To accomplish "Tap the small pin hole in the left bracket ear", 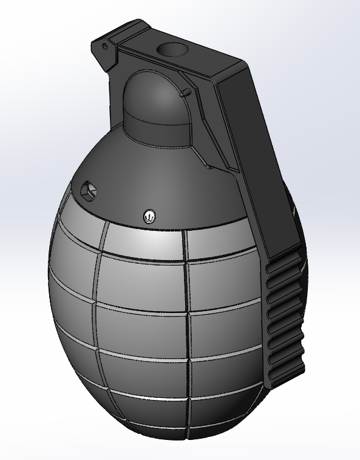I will (x=105, y=46).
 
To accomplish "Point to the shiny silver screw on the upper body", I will (x=149, y=215).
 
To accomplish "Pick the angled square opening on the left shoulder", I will (x=89, y=190).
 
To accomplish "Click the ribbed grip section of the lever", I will (x=284, y=316).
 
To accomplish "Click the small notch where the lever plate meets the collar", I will (x=208, y=165).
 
